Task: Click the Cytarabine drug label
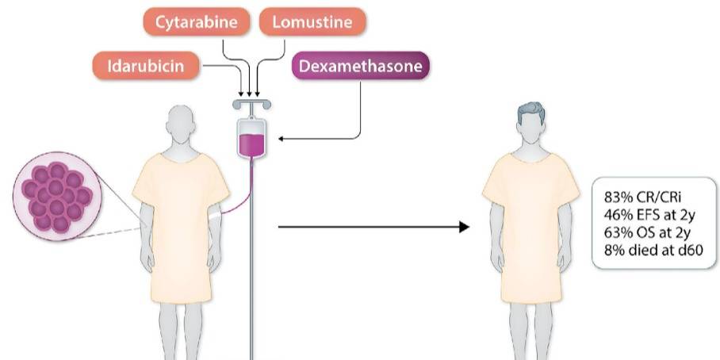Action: click(197, 21)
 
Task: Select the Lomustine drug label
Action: click(312, 21)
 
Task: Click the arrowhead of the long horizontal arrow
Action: click(465, 227)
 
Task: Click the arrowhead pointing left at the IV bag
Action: click(282, 139)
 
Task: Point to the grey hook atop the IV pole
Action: click(251, 104)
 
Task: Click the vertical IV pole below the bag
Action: click(251, 278)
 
